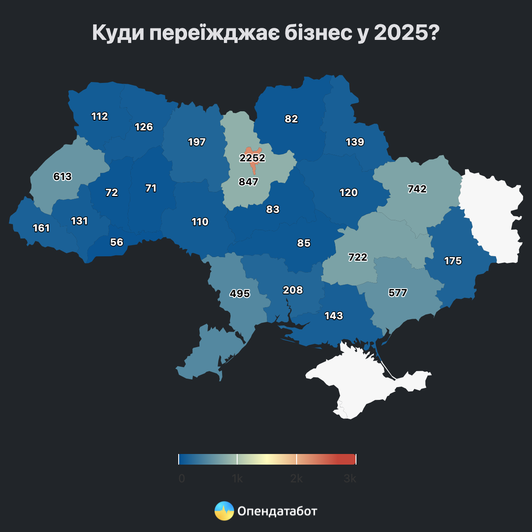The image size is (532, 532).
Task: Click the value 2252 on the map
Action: [252, 158]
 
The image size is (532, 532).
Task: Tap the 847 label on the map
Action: [248, 181]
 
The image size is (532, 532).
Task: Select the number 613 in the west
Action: [63, 176]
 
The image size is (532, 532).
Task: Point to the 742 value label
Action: [417, 189]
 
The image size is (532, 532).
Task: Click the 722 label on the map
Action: [358, 257]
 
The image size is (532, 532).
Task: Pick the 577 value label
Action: [398, 293]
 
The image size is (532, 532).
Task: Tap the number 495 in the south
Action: [240, 293]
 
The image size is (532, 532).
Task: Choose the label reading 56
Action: [117, 242]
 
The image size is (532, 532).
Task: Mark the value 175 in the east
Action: [453, 261]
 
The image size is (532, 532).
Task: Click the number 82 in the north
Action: [291, 119]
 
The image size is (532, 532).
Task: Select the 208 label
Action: [293, 290]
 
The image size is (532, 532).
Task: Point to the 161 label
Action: [41, 228]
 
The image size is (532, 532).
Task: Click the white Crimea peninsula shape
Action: [364, 381]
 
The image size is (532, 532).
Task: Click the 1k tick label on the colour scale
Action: [237, 479]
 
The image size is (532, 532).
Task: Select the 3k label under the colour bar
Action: [350, 479]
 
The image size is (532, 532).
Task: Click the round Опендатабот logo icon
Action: [224, 511]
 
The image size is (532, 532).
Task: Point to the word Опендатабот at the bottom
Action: [278, 511]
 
